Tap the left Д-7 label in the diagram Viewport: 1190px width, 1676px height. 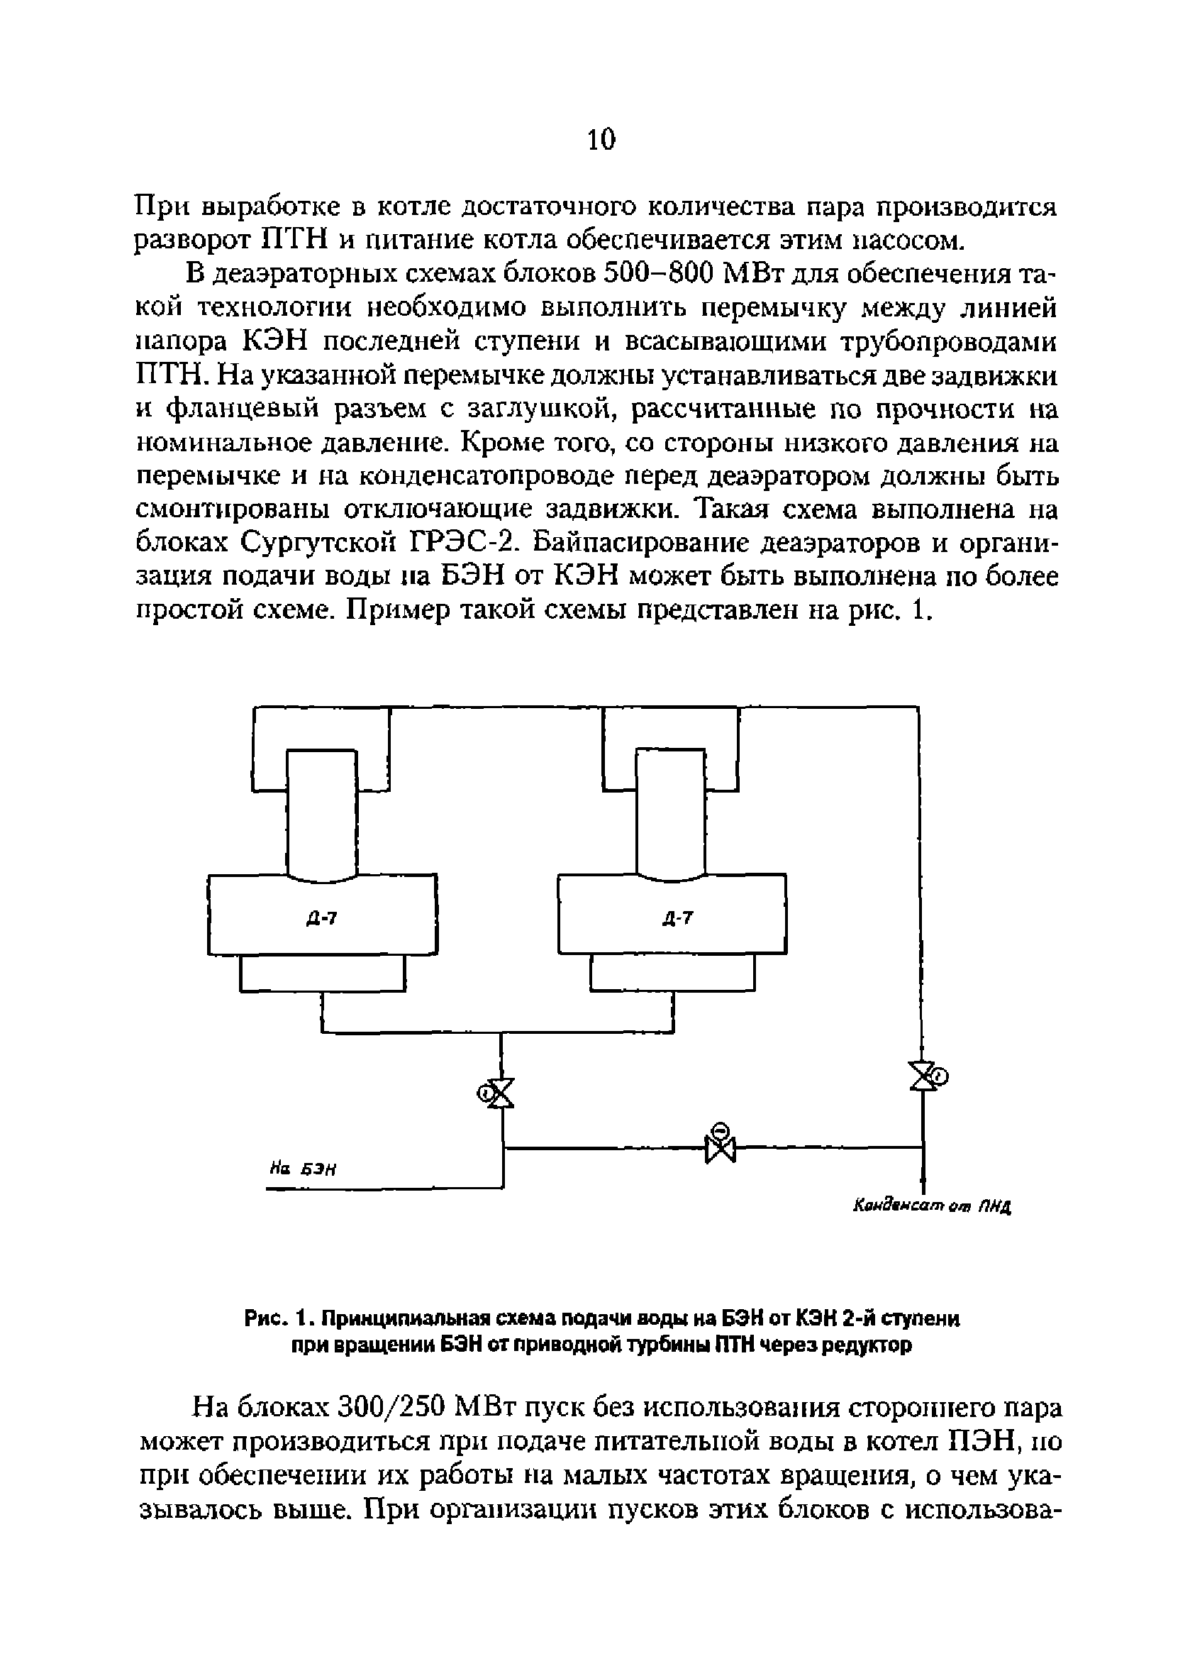322,917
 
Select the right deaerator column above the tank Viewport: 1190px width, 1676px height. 670,812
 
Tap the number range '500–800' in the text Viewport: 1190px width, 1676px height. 657,274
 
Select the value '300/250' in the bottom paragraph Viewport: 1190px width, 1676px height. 393,1410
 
